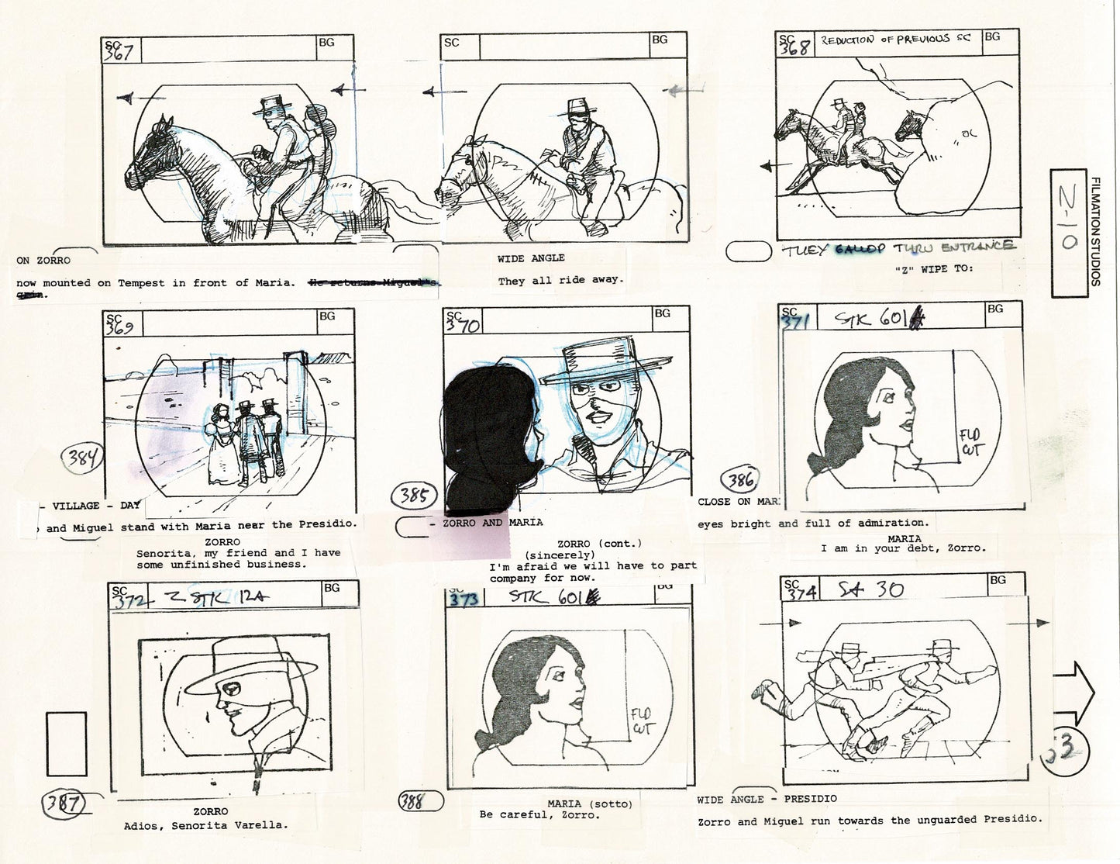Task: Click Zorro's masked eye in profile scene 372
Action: point(227,686)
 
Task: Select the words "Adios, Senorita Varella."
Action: point(205,825)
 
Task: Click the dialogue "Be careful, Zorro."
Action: point(539,815)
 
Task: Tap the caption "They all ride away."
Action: point(561,280)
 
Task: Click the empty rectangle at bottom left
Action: point(67,745)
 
